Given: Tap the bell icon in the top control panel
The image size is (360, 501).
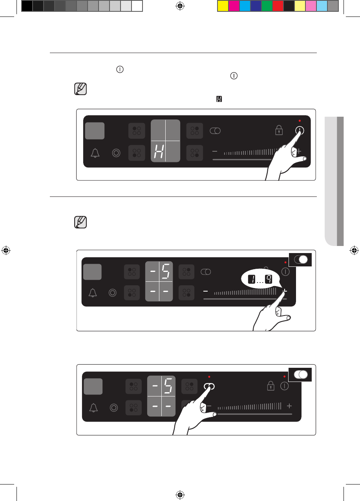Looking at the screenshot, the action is (x=95, y=153).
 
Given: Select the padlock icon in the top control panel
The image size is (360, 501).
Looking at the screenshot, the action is (x=279, y=130).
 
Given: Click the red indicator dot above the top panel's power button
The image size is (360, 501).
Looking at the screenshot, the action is (x=300, y=121).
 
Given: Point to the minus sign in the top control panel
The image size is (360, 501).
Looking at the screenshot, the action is (x=215, y=151).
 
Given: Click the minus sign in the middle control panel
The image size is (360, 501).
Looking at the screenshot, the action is (x=205, y=292).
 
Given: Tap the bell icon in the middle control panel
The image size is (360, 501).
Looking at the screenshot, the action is (x=93, y=293).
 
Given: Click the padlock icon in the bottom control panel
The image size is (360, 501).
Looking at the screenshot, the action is (x=270, y=386).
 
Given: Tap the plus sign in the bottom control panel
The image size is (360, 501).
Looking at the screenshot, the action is (x=289, y=406).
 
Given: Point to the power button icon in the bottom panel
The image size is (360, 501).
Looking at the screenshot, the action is (x=285, y=386).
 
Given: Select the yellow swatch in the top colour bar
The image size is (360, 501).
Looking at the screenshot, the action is (x=223, y=6).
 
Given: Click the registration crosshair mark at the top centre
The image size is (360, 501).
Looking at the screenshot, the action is (x=180, y=6).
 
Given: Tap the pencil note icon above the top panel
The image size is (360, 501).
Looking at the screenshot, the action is (x=80, y=89).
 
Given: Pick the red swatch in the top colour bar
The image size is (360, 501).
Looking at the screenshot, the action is (x=278, y=6).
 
